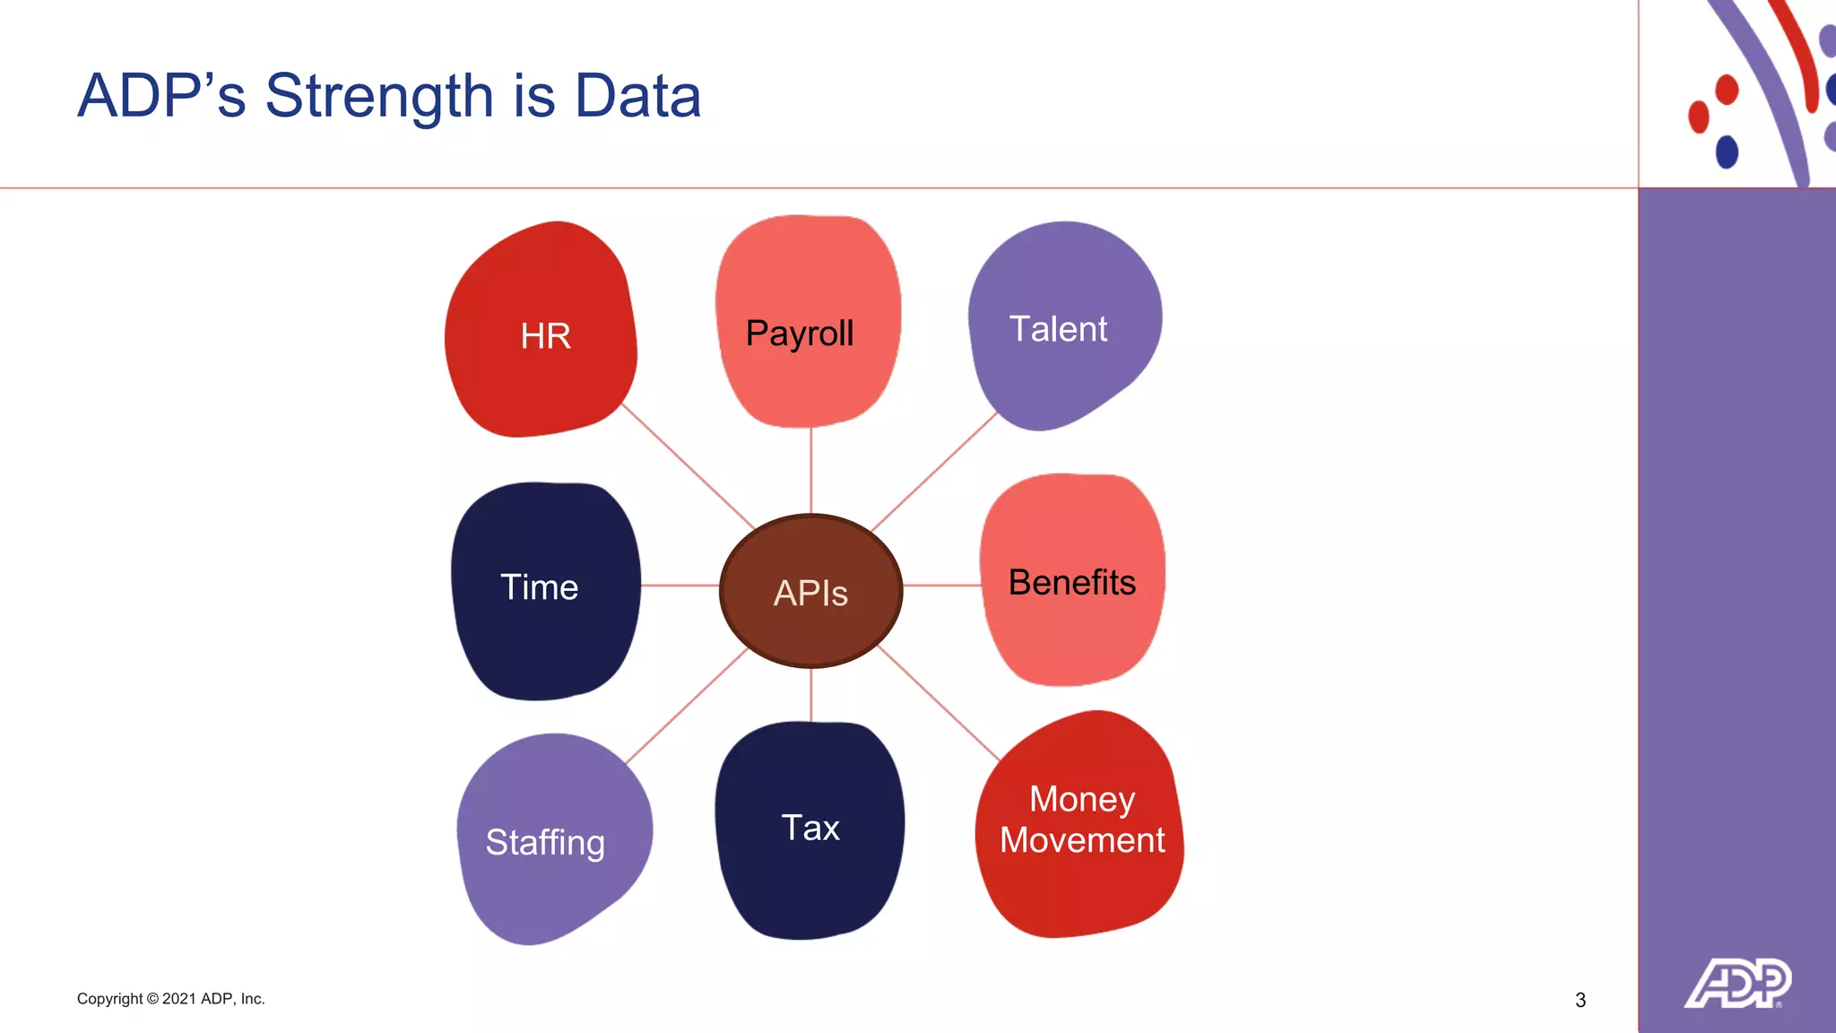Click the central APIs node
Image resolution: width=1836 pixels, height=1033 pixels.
810,591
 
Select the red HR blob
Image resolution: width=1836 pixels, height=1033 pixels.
541,332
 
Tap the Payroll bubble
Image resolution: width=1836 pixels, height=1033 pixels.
808,323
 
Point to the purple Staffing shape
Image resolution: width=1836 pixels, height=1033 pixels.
550,838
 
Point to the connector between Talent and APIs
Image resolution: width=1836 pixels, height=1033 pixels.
934,472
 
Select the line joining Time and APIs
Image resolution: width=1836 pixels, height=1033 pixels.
680,586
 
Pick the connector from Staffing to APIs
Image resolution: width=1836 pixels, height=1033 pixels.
686,707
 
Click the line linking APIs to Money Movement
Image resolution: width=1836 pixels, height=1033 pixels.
939,703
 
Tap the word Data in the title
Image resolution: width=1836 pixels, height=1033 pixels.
637,96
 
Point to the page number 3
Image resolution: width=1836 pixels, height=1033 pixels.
1581,1000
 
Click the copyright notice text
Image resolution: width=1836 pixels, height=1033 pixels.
171,999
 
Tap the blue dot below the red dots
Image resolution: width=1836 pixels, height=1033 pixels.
1727,152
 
